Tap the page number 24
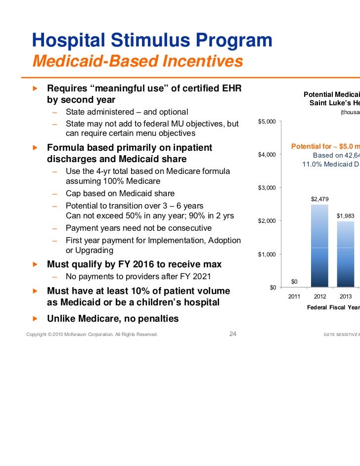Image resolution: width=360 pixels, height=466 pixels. (x=233, y=334)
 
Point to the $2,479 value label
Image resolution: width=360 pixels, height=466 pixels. (x=319, y=199)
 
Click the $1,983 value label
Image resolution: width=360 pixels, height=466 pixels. (x=345, y=215)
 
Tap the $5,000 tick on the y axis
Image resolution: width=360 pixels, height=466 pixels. (x=267, y=122)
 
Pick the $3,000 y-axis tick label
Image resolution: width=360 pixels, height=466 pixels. (x=267, y=188)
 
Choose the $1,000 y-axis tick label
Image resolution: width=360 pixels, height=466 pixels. (x=267, y=254)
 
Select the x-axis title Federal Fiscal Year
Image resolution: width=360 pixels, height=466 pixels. (x=333, y=307)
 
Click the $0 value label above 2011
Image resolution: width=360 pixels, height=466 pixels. (x=294, y=282)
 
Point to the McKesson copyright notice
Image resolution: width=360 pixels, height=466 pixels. (x=92, y=335)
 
